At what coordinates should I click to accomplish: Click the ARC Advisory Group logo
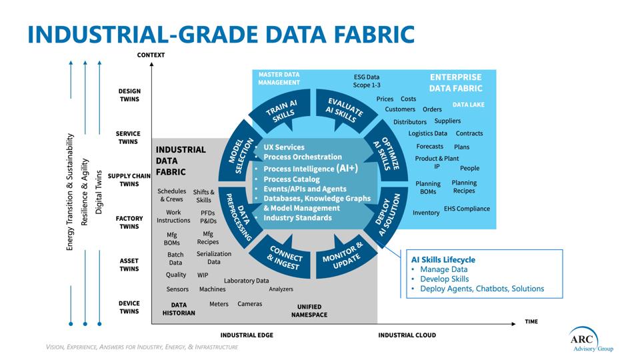(591, 339)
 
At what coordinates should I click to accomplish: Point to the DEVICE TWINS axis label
(129, 307)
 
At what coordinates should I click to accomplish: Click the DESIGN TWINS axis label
(129, 95)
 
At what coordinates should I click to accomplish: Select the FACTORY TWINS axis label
(129, 223)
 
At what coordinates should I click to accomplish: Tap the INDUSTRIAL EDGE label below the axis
(247, 335)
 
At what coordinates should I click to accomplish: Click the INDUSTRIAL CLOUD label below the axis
(407, 335)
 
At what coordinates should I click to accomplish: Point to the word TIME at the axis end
(531, 321)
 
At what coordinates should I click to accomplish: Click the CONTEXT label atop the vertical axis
(151, 55)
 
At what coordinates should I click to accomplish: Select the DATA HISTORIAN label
(178, 309)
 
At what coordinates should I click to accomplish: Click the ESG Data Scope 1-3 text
(367, 81)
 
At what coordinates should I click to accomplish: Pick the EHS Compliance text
(467, 209)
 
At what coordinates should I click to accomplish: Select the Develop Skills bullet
(444, 279)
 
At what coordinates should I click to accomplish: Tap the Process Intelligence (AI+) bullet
(311, 169)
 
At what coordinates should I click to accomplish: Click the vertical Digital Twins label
(99, 192)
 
